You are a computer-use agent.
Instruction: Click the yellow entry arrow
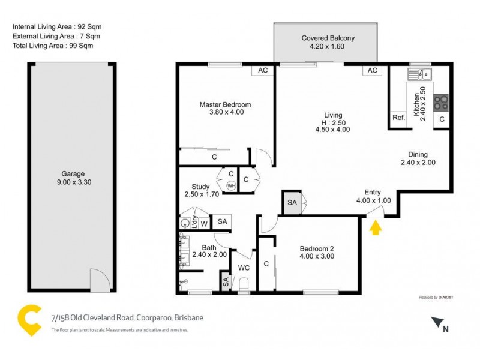click(376, 228)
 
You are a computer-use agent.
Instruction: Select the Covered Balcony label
click(328, 38)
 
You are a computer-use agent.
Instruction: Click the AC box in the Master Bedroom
click(263, 70)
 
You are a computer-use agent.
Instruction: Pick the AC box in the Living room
click(371, 70)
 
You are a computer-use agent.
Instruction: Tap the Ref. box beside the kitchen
click(398, 118)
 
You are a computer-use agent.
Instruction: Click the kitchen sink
click(421, 74)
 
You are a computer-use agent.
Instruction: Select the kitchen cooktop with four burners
click(441, 103)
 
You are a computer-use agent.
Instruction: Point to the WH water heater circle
click(230, 185)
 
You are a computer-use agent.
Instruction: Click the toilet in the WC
click(244, 283)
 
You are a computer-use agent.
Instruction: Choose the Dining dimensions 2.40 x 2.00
click(418, 162)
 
